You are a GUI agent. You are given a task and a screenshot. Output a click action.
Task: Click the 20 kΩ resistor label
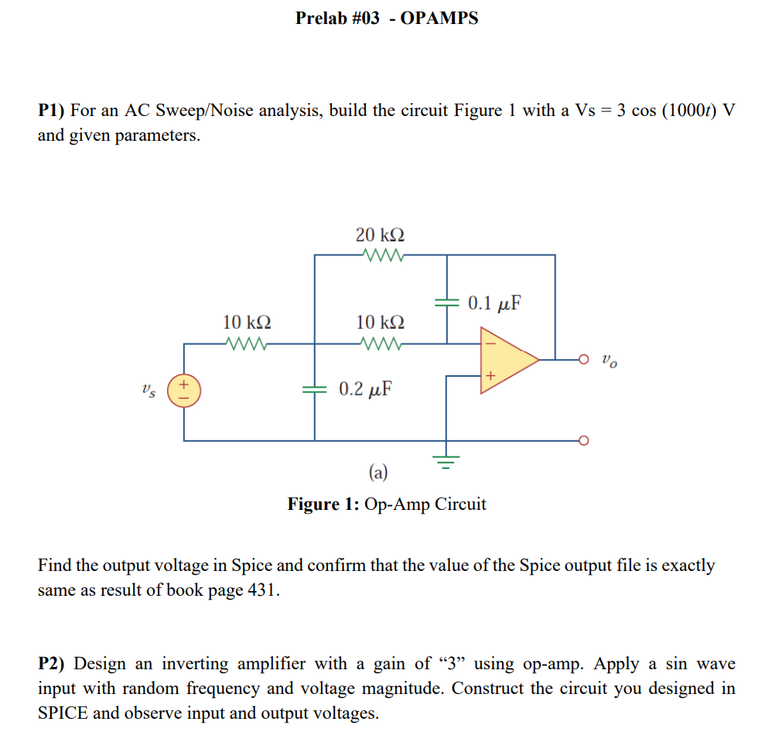click(x=380, y=234)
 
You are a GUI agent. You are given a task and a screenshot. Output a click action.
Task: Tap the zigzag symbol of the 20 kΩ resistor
click(x=380, y=255)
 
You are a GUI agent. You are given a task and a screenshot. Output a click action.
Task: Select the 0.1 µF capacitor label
click(x=494, y=303)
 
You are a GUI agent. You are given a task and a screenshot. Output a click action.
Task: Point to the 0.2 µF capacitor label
click(x=365, y=388)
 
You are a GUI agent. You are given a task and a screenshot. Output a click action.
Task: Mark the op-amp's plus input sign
click(x=489, y=376)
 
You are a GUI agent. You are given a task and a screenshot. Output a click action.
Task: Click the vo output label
click(x=610, y=361)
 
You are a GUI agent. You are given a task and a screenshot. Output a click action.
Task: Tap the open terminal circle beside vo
click(x=584, y=359)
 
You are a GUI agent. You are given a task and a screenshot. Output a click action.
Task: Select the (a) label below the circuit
click(x=379, y=472)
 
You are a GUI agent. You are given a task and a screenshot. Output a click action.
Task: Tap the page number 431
click(x=260, y=590)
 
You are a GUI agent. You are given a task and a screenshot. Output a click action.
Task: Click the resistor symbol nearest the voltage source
click(x=247, y=343)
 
